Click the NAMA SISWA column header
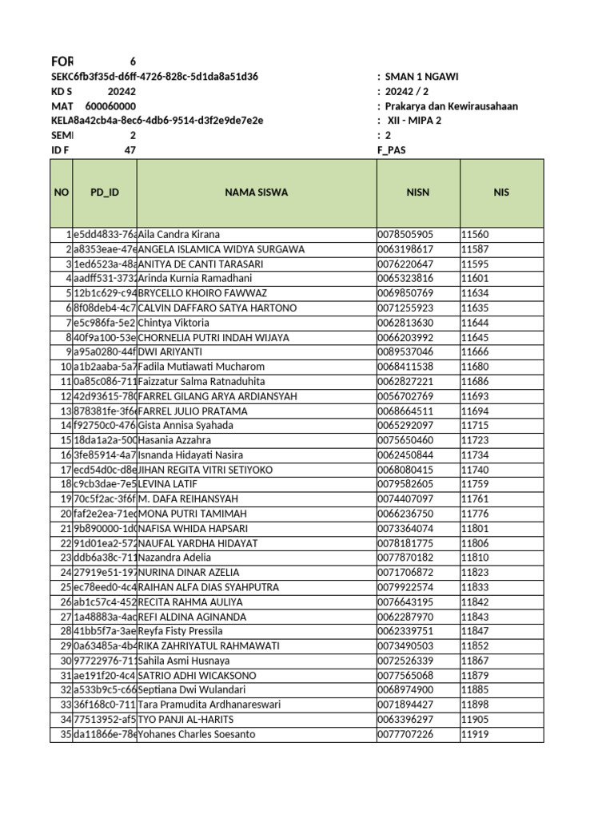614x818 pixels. click(x=256, y=193)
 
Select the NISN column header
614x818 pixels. click(x=417, y=193)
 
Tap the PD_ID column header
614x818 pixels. click(x=105, y=193)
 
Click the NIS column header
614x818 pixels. click(x=501, y=193)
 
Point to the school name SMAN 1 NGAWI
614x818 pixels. click(x=421, y=77)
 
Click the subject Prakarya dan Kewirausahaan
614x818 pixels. click(x=451, y=106)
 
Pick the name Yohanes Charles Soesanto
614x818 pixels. click(x=197, y=734)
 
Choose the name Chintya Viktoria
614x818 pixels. click(x=173, y=323)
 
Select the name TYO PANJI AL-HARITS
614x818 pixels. click(x=186, y=720)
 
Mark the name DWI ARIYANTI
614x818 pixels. click(x=170, y=352)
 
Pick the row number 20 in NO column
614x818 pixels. click(x=66, y=514)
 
